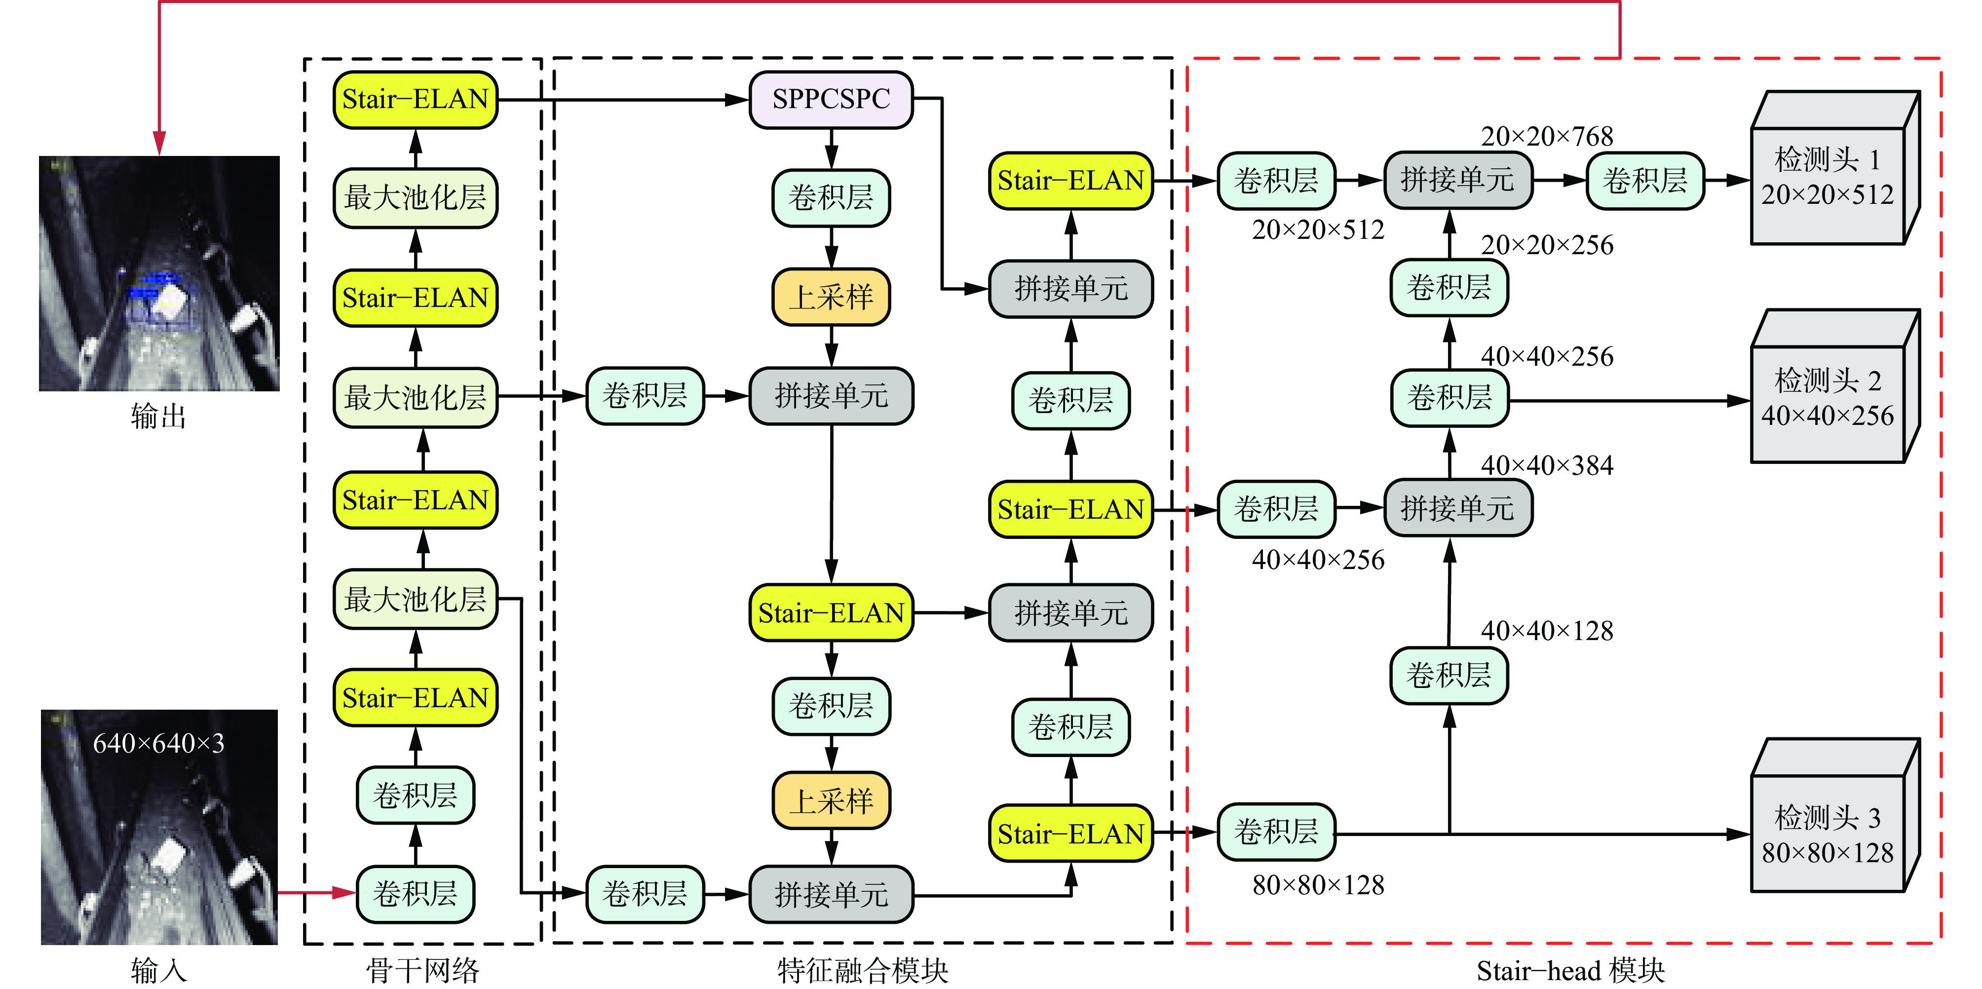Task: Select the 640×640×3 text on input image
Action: click(158, 744)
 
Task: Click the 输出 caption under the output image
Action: click(158, 417)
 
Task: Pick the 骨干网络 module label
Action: click(422, 970)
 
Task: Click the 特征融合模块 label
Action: click(862, 970)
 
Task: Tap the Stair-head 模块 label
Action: click(1569, 970)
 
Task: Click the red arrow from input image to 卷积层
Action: click(315, 893)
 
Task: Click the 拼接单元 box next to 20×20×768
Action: click(1457, 180)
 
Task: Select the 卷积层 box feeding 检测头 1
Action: click(1644, 180)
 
